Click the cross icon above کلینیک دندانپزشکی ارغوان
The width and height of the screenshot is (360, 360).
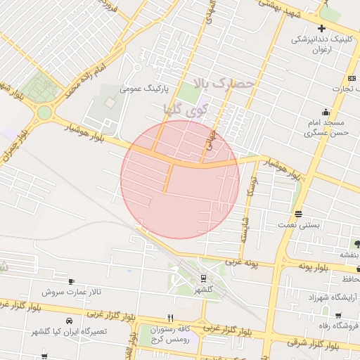click(x=321, y=29)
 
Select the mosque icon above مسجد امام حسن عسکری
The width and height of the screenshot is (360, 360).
click(x=326, y=112)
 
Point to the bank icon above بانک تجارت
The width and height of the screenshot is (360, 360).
click(x=352, y=78)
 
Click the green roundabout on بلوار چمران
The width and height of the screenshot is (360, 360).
click(x=45, y=112)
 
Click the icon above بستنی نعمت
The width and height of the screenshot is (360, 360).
click(x=299, y=214)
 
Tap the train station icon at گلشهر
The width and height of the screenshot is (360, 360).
click(x=202, y=278)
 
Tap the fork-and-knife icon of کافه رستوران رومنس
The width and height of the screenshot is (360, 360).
click(x=169, y=319)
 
